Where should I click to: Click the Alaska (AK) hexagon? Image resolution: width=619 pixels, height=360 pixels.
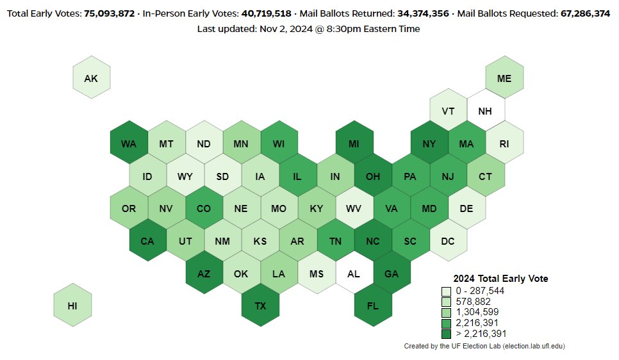tap(91, 79)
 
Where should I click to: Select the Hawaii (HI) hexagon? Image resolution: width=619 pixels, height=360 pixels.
tap(72, 306)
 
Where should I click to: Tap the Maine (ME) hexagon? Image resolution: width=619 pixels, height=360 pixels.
tap(504, 79)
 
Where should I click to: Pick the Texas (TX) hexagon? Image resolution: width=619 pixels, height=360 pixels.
tap(260, 306)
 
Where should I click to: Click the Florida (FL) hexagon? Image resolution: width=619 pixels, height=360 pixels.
tap(373, 306)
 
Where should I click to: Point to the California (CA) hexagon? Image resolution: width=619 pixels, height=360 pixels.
tap(147, 241)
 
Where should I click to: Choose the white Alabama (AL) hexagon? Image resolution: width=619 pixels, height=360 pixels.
tap(354, 274)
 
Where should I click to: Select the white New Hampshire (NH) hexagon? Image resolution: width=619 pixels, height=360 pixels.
tap(485, 111)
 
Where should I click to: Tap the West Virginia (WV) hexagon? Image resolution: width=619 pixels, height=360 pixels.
tap(354, 209)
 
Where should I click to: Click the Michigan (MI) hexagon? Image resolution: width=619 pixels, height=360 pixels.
tap(354, 143)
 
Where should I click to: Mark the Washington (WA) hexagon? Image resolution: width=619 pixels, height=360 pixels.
tap(129, 143)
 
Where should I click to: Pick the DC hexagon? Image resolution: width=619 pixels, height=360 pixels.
tap(448, 241)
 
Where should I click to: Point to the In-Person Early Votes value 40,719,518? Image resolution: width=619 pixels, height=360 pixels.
tap(266, 13)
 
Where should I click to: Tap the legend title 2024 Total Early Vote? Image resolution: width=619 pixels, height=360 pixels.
tap(500, 279)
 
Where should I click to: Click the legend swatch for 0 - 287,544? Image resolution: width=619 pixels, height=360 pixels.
tap(446, 291)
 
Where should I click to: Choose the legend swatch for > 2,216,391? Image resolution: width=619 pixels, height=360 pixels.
tap(446, 334)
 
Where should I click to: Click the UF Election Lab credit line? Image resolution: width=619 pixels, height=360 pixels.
tap(484, 346)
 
